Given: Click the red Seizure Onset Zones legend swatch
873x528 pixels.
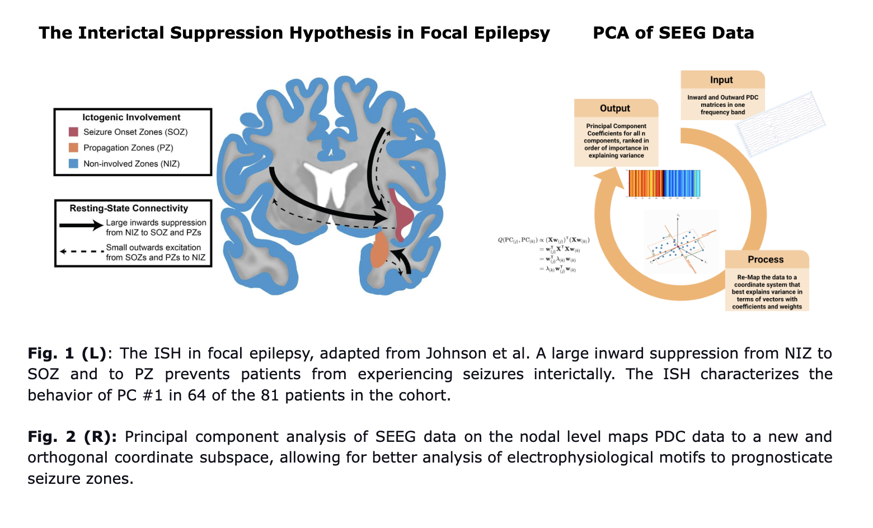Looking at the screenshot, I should (x=73, y=132).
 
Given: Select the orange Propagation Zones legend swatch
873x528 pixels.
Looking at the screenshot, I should (x=73, y=148).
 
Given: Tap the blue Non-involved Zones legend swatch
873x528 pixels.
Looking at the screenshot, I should (x=73, y=164).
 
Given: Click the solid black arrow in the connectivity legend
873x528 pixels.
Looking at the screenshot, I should (x=81, y=226).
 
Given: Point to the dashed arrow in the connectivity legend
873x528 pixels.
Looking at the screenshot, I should (x=81, y=252).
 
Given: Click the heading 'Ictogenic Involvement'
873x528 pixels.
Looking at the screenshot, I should (x=131, y=117).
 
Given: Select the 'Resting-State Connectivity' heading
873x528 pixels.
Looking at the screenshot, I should (x=129, y=208).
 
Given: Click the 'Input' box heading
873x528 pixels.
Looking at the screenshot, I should (x=721, y=80).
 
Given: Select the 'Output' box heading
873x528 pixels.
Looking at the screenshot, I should (x=614, y=109).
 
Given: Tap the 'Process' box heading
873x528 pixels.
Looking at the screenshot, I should (x=765, y=260).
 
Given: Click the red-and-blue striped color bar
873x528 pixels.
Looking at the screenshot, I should (x=664, y=183).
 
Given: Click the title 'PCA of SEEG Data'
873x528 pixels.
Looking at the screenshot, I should (x=673, y=33).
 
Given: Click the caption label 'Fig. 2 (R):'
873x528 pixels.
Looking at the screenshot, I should (x=72, y=437).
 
